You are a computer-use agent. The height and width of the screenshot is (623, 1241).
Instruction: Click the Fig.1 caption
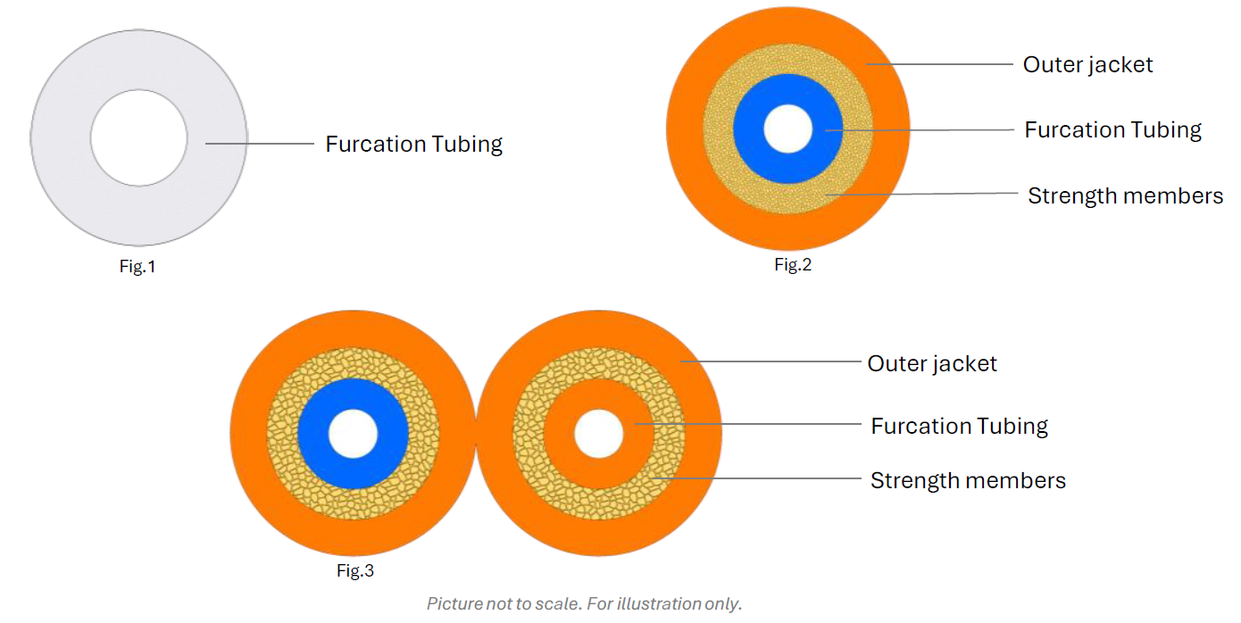click(x=137, y=266)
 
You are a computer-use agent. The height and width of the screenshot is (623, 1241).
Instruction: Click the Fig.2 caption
click(x=793, y=264)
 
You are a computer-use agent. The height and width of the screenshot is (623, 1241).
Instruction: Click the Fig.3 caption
click(x=355, y=571)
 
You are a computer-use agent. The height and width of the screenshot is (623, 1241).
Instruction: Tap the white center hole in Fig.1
click(x=138, y=138)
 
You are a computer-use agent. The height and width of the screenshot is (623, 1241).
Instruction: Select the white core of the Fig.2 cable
click(x=788, y=129)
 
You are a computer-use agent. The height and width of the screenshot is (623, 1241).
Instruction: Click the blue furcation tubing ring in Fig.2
click(x=750, y=129)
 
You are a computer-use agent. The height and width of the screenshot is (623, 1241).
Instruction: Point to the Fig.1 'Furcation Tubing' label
click(x=413, y=144)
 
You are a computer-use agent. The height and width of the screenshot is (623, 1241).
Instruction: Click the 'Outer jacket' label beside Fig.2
click(x=1087, y=64)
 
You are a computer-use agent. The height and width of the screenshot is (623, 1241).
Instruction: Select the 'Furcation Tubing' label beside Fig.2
click(x=1112, y=129)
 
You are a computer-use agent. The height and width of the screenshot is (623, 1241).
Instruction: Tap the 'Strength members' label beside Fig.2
click(x=1125, y=195)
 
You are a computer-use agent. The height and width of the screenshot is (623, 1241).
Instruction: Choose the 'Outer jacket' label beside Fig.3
click(x=932, y=363)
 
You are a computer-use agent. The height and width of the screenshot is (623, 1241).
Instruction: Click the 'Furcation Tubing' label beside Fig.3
click(x=959, y=426)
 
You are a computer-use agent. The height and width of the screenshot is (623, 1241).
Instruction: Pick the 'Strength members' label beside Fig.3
click(x=968, y=480)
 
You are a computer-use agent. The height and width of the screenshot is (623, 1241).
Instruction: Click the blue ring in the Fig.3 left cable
click(x=313, y=434)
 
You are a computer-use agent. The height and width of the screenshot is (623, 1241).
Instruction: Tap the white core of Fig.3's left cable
click(x=354, y=434)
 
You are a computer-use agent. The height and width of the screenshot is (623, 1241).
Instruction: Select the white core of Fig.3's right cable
click(x=598, y=434)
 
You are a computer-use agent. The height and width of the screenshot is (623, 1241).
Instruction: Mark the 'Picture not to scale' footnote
click(x=584, y=603)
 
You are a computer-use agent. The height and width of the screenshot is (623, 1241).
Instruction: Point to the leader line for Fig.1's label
click(x=259, y=144)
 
